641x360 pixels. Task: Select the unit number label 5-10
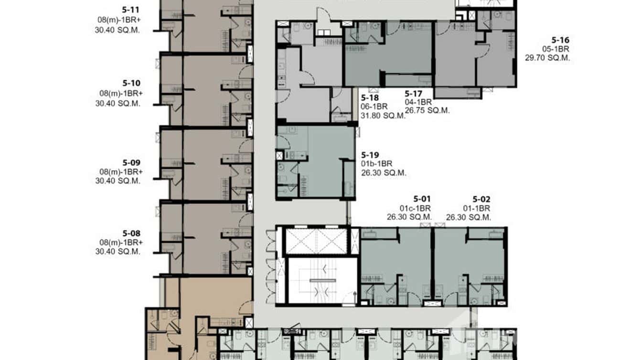pyautogui.click(x=131, y=83)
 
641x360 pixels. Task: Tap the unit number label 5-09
pyautogui.click(x=131, y=162)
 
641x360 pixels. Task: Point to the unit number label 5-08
pyautogui.click(x=131, y=233)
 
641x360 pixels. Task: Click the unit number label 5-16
pyautogui.click(x=560, y=40)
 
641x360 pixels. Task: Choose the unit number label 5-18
pyautogui.click(x=370, y=98)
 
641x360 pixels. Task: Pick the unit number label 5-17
pyautogui.click(x=414, y=94)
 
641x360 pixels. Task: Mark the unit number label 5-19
pyautogui.click(x=370, y=155)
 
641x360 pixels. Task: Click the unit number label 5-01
pyautogui.click(x=422, y=199)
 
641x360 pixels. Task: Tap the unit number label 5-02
pyautogui.click(x=481, y=199)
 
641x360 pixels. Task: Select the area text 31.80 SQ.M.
pyautogui.click(x=384, y=115)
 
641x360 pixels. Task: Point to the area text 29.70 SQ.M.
pyautogui.click(x=548, y=58)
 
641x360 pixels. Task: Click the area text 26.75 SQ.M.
pyautogui.click(x=427, y=110)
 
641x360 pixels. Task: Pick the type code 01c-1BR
pyautogui.click(x=416, y=208)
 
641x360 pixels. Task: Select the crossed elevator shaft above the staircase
pyautogui.click(x=316, y=241)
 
